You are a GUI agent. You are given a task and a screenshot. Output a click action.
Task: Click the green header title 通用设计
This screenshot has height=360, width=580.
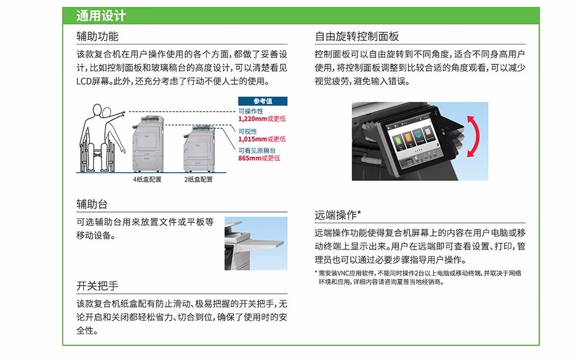pyautogui.click(x=101, y=16)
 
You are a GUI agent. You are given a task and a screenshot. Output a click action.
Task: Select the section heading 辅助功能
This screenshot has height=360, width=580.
pyautogui.click(x=97, y=36)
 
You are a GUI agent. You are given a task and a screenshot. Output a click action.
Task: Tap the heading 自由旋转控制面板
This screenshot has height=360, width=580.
pyautogui.click(x=357, y=36)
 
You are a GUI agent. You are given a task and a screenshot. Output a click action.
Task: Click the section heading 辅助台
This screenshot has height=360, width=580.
pyautogui.click(x=92, y=204)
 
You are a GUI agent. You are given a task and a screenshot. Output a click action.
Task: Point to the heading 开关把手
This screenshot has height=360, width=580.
pyautogui.click(x=97, y=286)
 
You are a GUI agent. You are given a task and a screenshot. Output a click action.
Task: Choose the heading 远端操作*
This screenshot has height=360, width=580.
pyautogui.click(x=337, y=215)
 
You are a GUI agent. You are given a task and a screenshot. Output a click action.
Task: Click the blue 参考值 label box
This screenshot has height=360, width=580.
pyautogui.click(x=262, y=101)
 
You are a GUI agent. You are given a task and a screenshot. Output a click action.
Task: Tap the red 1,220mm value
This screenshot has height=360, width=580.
pyautogui.click(x=253, y=119)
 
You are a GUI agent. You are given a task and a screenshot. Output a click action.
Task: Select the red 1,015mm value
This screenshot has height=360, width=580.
pyautogui.click(x=253, y=139)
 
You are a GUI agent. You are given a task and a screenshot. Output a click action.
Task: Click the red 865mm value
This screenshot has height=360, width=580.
pyautogui.click(x=250, y=158)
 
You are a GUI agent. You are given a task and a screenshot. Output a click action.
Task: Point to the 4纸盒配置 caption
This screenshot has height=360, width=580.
pyautogui.click(x=147, y=180)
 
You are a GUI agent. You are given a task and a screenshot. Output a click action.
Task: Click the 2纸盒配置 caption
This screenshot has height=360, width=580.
pyautogui.click(x=199, y=180)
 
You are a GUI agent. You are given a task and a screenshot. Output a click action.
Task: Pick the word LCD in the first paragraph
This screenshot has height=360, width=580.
pyautogui.click(x=83, y=81)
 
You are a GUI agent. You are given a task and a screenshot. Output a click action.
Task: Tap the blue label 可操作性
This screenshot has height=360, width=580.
pyautogui.click(x=251, y=111)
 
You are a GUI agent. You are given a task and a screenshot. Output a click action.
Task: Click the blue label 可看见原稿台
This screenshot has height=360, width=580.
pyautogui.click(x=257, y=151)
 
